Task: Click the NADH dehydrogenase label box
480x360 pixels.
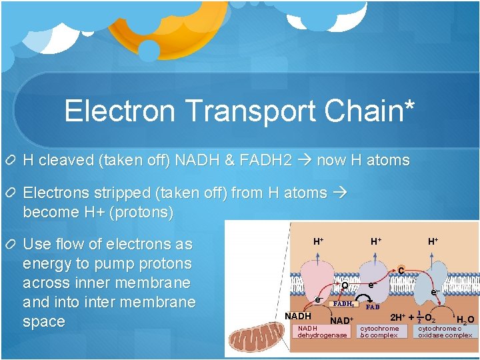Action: (x=322, y=332)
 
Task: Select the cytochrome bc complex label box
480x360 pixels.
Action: (x=379, y=332)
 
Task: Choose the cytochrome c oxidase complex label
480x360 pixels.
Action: (x=445, y=332)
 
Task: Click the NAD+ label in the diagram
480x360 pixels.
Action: (x=341, y=321)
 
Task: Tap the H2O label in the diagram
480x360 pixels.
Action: (x=465, y=319)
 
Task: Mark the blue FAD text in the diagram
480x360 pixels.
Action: (x=371, y=307)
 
